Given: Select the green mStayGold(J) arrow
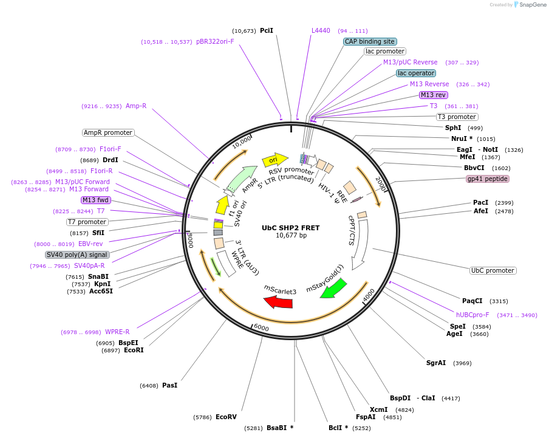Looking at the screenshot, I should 333,287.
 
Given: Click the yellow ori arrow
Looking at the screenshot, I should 274,160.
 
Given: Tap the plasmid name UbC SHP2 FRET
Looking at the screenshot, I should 290,228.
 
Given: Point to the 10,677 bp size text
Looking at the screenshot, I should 291,235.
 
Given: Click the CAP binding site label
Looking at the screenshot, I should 369,42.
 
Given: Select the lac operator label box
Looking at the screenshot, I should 416,74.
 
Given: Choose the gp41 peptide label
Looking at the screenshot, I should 487,179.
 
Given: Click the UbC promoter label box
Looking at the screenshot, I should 493,270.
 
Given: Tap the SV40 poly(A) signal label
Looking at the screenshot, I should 77,255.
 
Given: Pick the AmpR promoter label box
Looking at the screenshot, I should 107,132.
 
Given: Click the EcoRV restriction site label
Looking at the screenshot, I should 226,417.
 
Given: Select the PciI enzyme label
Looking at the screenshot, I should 267,30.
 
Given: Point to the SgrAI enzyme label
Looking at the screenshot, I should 436,363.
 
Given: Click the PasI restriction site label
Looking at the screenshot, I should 170,385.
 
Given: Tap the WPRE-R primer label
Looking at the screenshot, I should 117,332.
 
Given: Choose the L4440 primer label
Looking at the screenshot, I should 321,30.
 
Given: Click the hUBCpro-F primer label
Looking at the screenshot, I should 472,315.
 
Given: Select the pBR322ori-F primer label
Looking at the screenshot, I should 215,42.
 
